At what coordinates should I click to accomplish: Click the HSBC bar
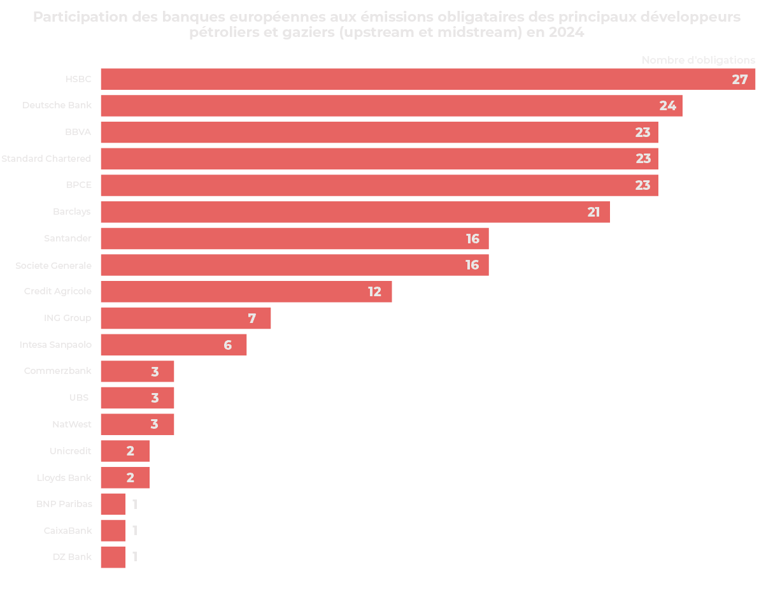click(x=428, y=79)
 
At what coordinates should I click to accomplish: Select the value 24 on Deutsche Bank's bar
click(x=667, y=106)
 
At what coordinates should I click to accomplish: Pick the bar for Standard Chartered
click(x=379, y=159)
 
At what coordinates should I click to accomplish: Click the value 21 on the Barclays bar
click(x=593, y=212)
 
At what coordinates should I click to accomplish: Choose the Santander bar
click(x=294, y=238)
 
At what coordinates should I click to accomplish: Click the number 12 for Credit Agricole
click(x=374, y=292)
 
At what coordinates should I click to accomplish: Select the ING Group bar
click(x=185, y=318)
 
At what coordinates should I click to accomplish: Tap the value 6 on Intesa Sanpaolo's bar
click(x=228, y=345)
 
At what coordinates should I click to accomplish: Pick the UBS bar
click(x=137, y=398)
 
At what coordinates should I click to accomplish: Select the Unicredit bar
click(x=125, y=451)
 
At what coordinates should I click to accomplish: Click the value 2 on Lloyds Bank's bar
click(x=131, y=478)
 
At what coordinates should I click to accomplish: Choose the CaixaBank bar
click(x=113, y=530)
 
